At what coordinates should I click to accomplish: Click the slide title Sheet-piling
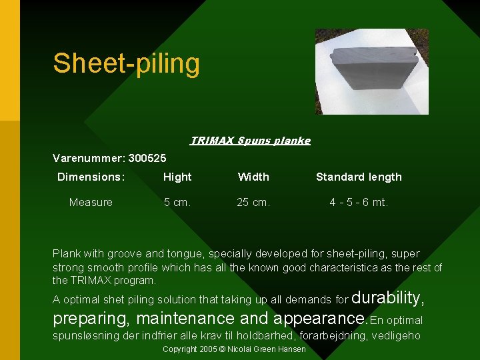click(126, 63)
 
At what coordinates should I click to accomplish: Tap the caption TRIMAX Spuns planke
click(250, 141)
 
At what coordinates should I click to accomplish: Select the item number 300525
click(147, 158)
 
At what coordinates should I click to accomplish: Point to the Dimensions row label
click(91, 177)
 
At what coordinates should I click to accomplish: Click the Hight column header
click(177, 177)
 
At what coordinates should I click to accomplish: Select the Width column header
click(253, 177)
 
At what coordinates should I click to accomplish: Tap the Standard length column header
click(359, 177)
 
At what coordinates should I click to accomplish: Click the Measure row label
click(91, 202)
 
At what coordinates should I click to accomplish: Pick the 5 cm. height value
click(177, 202)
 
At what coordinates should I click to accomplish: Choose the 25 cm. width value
click(253, 202)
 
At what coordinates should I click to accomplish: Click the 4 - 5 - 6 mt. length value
click(359, 202)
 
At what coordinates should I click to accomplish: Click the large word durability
click(387, 297)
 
